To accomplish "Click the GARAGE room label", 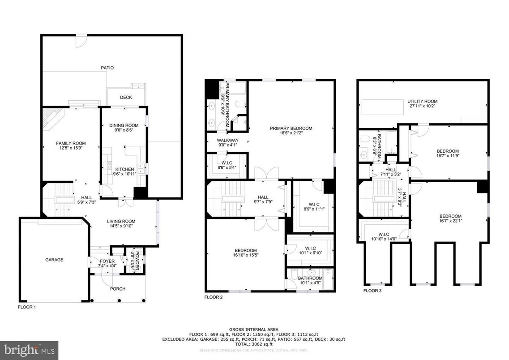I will [54, 260].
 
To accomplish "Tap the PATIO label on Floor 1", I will [107, 68].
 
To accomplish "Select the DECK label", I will [126, 98].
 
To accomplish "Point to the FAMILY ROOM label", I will [71, 143].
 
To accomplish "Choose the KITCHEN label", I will [124, 169].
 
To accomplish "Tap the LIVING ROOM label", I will [121, 221].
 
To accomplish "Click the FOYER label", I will [107, 261].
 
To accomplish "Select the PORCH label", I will [118, 289].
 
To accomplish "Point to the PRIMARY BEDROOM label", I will [291, 128].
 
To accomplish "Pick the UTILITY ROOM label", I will [422, 102].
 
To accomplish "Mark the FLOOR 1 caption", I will [27, 307].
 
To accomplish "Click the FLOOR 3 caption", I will [372, 291].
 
